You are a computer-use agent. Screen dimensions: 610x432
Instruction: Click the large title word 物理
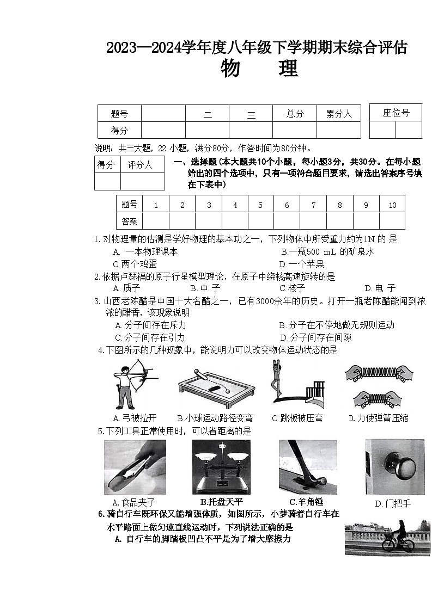259,70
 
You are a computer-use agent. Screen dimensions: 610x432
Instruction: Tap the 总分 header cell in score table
295,114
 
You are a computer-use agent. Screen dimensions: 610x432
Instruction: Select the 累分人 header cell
339,114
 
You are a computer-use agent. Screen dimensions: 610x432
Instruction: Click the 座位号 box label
396,113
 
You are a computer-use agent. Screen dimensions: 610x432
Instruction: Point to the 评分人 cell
140,165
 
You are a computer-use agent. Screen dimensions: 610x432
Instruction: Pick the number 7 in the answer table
313,205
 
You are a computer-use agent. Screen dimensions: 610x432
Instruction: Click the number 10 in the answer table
392,205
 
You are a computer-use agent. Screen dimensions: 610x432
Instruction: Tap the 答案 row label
129,221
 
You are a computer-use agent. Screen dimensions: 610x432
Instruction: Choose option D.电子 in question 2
380,288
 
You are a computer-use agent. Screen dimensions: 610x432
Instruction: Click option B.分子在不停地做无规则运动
336,325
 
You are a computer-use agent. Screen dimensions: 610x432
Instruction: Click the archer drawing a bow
131,384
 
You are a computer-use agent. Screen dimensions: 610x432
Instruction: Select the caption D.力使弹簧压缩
378,418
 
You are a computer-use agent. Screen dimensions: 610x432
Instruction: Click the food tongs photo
135,467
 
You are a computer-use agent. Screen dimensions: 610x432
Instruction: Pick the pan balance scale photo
221,466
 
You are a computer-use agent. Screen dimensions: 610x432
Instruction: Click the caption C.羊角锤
308,502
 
